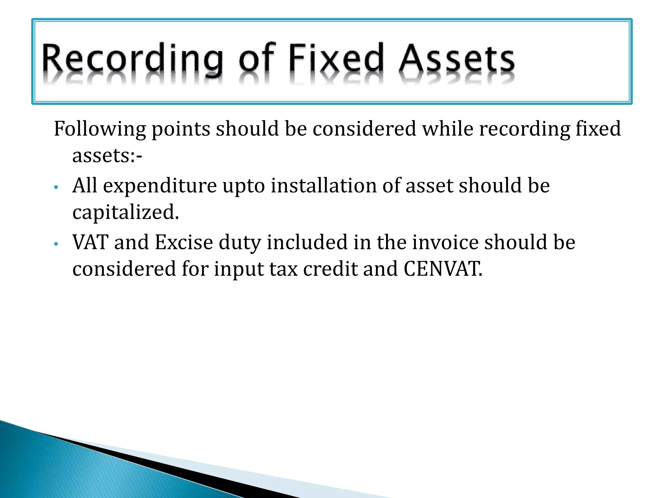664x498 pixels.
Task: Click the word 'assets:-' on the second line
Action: pos(107,156)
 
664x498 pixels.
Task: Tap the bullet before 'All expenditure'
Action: pos(56,187)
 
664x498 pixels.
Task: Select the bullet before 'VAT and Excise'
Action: pos(56,244)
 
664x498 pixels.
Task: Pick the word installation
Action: pos(324,185)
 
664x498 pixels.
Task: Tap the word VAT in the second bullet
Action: pos(90,242)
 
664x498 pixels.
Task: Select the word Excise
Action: pos(184,242)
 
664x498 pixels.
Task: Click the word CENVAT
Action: pos(443,269)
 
